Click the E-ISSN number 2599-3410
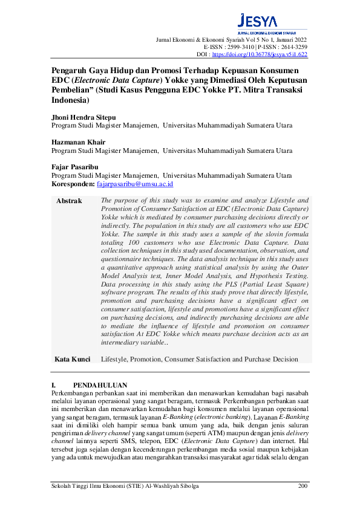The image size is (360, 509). [239, 46]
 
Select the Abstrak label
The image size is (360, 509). [68, 201]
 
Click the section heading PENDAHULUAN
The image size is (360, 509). [100, 384]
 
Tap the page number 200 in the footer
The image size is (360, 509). [304, 486]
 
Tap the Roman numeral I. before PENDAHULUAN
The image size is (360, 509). [54, 384]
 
